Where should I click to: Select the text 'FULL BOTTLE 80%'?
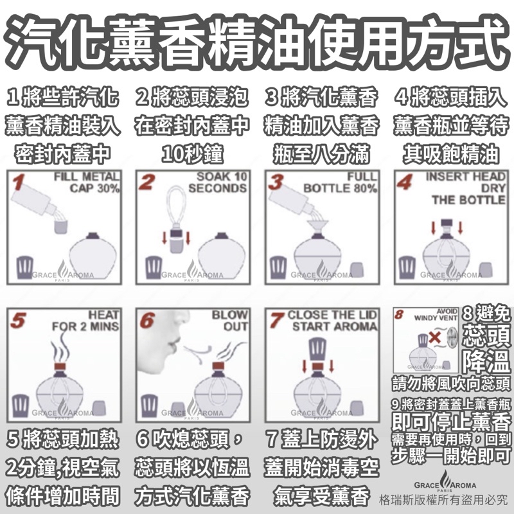click(341, 182)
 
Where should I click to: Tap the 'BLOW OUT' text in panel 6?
click(230, 321)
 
